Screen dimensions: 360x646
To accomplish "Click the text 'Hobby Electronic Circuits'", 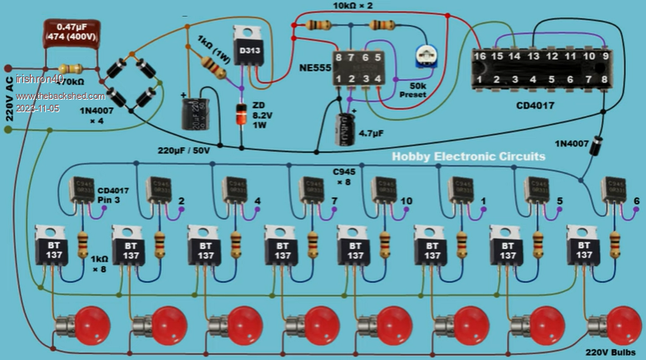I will [x=468, y=156].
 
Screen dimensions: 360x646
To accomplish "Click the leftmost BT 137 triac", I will [x=51, y=247].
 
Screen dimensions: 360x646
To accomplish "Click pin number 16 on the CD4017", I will [x=481, y=56].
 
